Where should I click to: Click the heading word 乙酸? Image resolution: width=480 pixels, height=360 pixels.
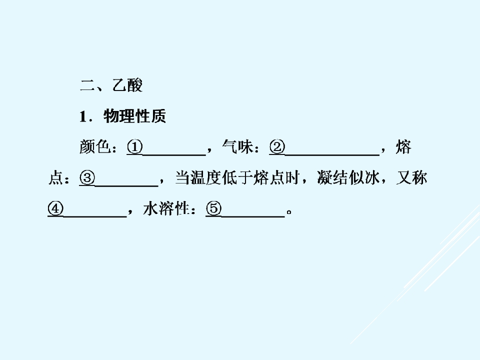[x=127, y=85]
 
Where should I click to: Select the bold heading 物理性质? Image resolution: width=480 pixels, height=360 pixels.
[x=134, y=116]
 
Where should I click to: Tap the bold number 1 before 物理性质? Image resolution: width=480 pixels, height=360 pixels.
[x=83, y=116]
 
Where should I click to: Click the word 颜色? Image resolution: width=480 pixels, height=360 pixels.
[x=95, y=146]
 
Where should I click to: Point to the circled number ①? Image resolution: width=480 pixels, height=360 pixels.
[x=134, y=147]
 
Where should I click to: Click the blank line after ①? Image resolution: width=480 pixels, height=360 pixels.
[x=174, y=155]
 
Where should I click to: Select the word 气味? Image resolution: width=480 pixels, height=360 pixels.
[x=237, y=146]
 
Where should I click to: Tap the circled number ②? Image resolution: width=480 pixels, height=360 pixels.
[x=277, y=147]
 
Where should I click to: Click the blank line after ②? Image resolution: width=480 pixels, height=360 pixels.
[x=332, y=155]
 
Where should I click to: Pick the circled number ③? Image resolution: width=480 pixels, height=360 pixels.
[x=87, y=178]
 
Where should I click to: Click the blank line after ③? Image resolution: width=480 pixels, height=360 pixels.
[x=126, y=186]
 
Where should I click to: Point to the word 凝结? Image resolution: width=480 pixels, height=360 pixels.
[x=332, y=177]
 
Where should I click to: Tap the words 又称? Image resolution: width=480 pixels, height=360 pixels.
[x=411, y=177]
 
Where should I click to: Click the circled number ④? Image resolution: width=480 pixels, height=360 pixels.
[x=55, y=209]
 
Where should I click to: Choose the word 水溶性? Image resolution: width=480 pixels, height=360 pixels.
[x=166, y=208]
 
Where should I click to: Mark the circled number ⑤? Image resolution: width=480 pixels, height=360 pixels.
[x=213, y=209]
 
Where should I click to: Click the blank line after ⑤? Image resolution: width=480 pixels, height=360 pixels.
[x=253, y=217]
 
